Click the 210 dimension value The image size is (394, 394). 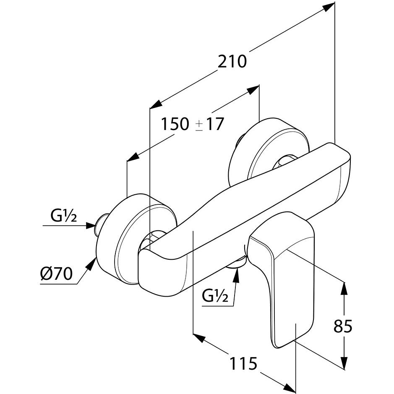(x=232, y=62)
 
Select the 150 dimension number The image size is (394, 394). (x=175, y=124)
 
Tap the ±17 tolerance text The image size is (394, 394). (x=210, y=124)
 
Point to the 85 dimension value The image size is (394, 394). (x=343, y=326)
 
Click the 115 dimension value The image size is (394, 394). (x=243, y=363)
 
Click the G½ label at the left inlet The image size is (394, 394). (x=63, y=217)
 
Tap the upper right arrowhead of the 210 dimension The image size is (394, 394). (x=329, y=5)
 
